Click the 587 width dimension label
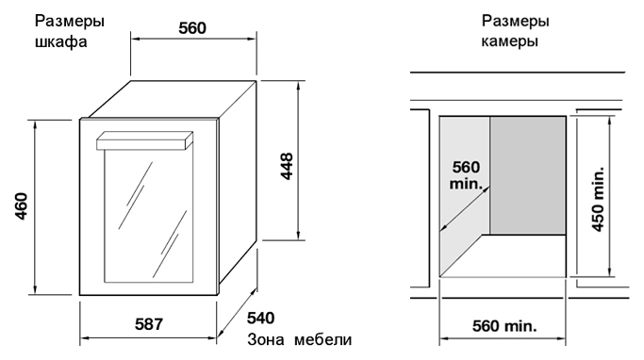pyautogui.click(x=149, y=324)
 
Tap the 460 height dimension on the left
pyautogui.click(x=22, y=206)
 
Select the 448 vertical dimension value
pyautogui.click(x=287, y=166)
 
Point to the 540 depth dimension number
pyautogui.click(x=261, y=319)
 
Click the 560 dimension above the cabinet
pyautogui.click(x=192, y=28)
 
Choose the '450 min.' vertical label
pyautogui.click(x=598, y=199)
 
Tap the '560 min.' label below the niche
pyautogui.click(x=504, y=326)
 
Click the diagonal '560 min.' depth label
pyautogui.click(x=466, y=175)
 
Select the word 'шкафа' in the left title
pyautogui.click(x=61, y=42)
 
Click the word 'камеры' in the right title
pyautogui.click(x=509, y=41)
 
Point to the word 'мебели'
pyautogui.click(x=323, y=340)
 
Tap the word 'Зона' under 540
pyautogui.click(x=265, y=340)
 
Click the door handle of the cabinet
pyautogui.click(x=144, y=140)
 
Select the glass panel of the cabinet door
pyautogui.click(x=148, y=216)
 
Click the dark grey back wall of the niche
pyautogui.click(x=528, y=175)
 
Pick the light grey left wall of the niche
pyautogui.click(x=464, y=193)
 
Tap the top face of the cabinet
pyautogui.click(x=172, y=100)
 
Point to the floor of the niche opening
pyautogui.click(x=513, y=255)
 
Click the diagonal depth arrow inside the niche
pyautogui.click(x=465, y=209)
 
